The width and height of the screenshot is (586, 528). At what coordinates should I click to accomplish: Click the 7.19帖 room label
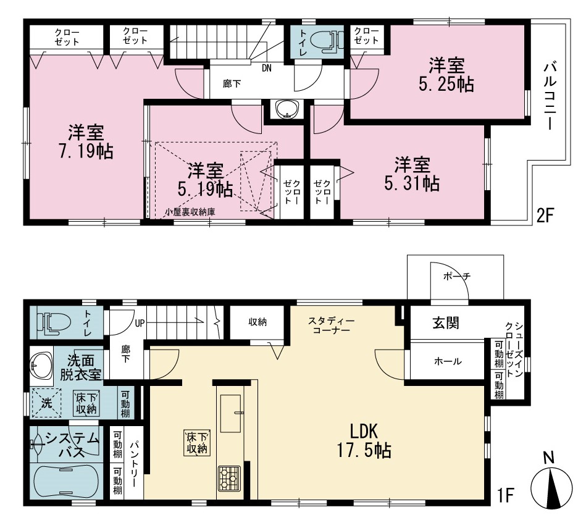point(86,142)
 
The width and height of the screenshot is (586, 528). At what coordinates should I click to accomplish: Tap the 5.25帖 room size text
point(446,75)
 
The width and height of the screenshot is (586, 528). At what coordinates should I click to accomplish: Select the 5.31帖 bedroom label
point(412,174)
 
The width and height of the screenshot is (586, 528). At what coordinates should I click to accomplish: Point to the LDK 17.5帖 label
point(364,441)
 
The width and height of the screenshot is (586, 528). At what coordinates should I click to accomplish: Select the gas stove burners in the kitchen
point(229,478)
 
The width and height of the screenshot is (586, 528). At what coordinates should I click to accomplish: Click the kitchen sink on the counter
point(230,413)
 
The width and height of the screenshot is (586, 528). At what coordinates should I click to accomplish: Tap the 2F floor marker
point(544,216)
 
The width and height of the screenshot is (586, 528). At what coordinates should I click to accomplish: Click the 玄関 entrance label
point(446,323)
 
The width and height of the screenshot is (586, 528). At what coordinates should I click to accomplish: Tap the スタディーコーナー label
point(332,325)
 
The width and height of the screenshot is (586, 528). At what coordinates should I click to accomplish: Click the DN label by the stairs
point(267,69)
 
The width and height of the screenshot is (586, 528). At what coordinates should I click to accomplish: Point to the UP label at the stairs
point(140,323)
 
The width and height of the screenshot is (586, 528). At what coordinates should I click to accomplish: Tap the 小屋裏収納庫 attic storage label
point(191,212)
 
